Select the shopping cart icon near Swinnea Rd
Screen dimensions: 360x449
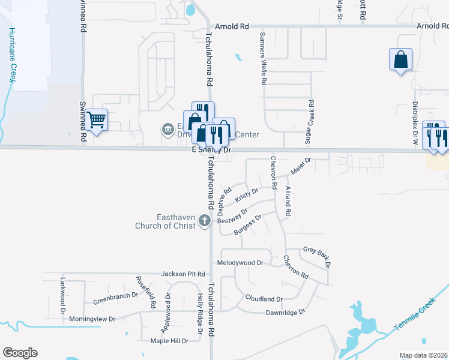tap(96, 119)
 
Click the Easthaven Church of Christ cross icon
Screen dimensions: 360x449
tap(204, 221)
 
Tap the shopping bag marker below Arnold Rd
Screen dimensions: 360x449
tap(400, 60)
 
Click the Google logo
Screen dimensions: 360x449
tap(20, 353)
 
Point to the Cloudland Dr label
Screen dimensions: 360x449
tap(264, 299)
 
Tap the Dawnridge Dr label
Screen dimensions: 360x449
tap(285, 312)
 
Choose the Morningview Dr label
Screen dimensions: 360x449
tap(92, 319)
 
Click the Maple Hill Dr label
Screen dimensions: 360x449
tap(169, 341)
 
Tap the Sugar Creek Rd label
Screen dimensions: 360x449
tap(311, 122)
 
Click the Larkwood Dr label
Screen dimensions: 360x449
tap(62, 294)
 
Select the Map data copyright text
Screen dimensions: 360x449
tap(423, 355)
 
